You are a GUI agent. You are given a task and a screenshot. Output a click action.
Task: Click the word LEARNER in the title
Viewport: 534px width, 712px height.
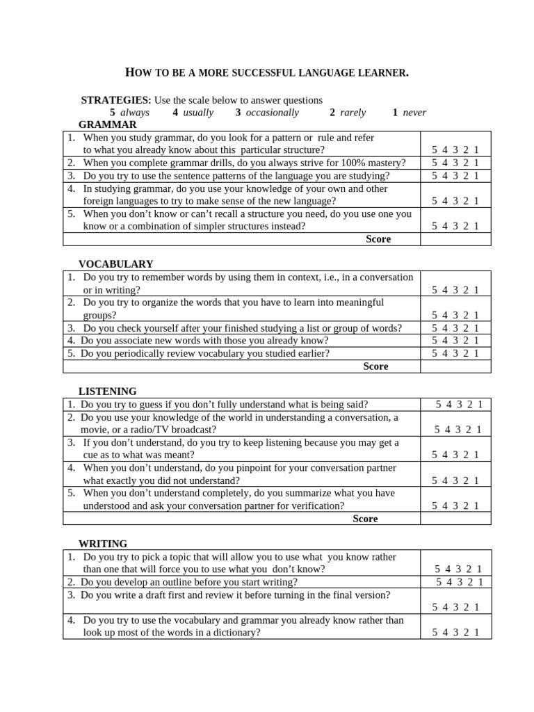(x=381, y=72)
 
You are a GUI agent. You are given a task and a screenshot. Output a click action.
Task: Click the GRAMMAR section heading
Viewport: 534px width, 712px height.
(x=108, y=124)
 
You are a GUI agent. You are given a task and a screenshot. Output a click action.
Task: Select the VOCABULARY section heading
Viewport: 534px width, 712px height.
(x=115, y=264)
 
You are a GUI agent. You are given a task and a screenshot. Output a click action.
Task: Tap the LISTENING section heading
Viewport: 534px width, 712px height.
(x=108, y=391)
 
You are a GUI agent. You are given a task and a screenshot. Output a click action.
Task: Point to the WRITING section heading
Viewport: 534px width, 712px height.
(x=103, y=544)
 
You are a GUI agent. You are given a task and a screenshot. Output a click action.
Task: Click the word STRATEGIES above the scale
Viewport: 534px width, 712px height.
(x=116, y=100)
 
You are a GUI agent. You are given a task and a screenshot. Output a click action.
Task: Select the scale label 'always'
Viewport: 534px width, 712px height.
(x=135, y=113)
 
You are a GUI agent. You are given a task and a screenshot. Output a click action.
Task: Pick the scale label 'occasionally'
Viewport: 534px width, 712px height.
(x=272, y=113)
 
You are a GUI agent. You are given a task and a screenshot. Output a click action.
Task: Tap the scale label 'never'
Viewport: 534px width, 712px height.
(x=414, y=113)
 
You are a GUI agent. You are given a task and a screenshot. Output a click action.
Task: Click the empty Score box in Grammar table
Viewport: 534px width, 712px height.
(x=455, y=239)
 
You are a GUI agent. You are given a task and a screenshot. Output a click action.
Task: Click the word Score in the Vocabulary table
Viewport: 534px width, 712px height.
(x=375, y=366)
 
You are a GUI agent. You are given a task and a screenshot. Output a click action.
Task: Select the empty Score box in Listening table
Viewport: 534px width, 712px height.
(x=455, y=519)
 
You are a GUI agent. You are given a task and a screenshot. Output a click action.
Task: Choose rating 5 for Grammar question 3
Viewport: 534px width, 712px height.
(x=435, y=176)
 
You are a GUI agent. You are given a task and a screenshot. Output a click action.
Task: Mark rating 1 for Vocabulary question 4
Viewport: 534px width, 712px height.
(x=476, y=341)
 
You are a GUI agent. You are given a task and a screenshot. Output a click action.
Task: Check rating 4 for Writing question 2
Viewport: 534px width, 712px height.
(x=449, y=582)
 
